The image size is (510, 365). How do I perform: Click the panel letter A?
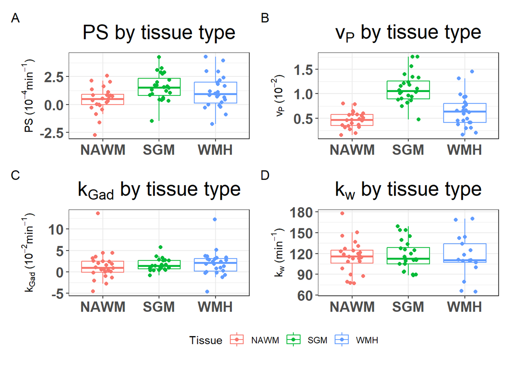[x=15, y=18]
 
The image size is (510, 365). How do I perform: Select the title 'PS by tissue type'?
[x=159, y=33]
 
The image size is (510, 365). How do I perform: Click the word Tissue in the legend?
[x=206, y=340]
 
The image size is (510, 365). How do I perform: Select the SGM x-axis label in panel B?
[x=408, y=150]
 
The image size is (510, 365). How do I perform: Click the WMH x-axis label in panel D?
[x=465, y=307]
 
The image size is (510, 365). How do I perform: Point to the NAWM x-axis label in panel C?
[x=103, y=307]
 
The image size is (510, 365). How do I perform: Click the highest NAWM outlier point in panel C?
[x=98, y=213]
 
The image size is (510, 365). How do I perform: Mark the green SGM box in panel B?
[x=408, y=90]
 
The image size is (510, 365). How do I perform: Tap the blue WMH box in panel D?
[x=465, y=253]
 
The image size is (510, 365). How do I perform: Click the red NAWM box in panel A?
[x=103, y=99]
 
